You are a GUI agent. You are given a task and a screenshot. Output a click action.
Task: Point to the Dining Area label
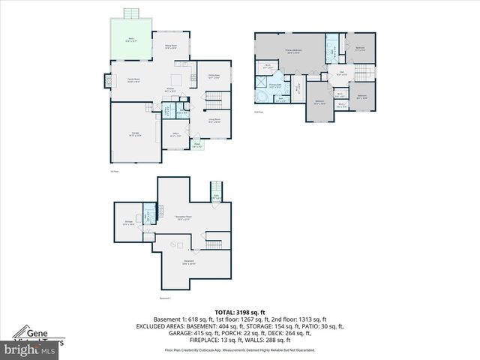(x=213, y=76)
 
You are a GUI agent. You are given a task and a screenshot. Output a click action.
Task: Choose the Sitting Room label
(x=171, y=46)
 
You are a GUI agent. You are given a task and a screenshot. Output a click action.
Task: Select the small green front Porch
(x=196, y=145)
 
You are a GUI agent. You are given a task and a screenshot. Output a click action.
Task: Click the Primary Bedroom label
(x=292, y=52)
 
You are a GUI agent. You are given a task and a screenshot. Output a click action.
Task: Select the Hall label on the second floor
(x=340, y=74)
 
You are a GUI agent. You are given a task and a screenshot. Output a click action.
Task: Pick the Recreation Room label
(x=180, y=218)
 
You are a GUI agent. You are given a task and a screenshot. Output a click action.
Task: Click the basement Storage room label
(x=128, y=223)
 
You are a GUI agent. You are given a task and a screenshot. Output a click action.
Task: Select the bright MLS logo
(x=30, y=349)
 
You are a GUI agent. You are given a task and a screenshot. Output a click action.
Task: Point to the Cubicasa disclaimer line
(x=239, y=349)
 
